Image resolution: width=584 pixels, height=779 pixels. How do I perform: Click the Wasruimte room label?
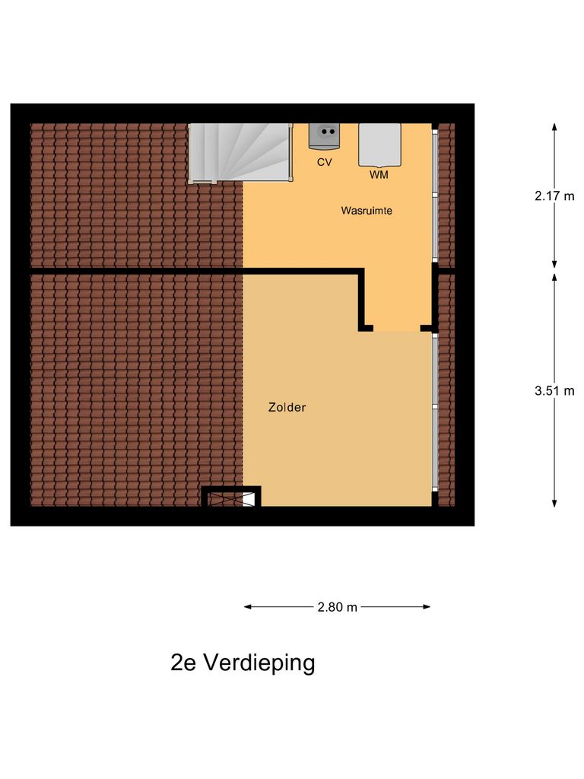367,211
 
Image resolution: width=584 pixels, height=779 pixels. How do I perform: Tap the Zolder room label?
287,408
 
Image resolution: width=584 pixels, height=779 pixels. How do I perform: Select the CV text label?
325,162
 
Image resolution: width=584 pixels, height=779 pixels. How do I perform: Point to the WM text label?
379,175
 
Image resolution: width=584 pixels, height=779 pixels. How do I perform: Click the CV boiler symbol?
325,136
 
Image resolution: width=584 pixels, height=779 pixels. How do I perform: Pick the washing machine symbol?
379,145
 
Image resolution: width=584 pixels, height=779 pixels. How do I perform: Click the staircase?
240,152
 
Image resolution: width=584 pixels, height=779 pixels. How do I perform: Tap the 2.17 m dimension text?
554,195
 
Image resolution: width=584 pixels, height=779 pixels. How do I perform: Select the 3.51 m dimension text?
554,391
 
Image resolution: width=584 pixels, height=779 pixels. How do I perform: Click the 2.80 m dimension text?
337,607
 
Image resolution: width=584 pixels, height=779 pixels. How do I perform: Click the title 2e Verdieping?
243,663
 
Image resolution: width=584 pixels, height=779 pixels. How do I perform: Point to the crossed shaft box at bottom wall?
231,499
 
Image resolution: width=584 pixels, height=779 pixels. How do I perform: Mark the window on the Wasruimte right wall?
435,195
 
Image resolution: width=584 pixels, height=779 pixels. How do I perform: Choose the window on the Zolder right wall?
435,411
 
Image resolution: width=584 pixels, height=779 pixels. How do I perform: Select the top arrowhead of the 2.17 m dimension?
554,127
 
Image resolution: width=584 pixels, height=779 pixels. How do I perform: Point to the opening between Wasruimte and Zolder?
397,329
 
